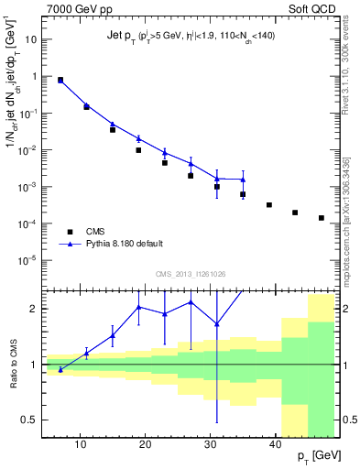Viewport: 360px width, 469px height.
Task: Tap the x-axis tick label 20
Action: (145, 443)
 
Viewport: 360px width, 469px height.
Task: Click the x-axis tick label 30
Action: (211, 443)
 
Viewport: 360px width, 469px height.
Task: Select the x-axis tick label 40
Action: (276, 443)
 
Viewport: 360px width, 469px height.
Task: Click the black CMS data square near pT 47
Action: (322, 218)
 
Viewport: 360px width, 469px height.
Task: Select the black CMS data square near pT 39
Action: (269, 205)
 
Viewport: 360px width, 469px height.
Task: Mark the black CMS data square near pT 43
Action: (295, 213)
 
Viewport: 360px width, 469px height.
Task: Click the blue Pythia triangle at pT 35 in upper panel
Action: (243, 180)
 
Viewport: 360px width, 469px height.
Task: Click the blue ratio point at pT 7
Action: (60, 369)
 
